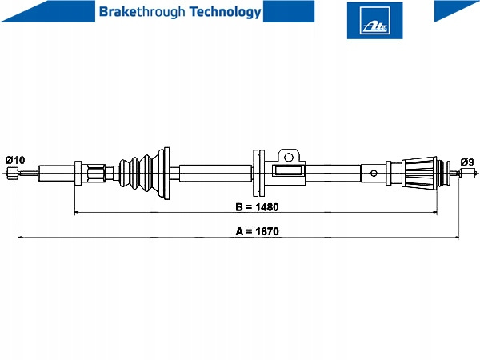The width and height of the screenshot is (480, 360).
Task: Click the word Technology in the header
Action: click(225, 12)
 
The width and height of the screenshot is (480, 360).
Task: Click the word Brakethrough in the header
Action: click(142, 12)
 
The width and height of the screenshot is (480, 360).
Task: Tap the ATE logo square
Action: click(374, 21)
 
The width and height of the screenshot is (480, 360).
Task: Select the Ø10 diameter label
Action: click(15, 160)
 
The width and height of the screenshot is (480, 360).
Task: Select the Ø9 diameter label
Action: click(467, 162)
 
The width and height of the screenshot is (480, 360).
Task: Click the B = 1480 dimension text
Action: click(257, 207)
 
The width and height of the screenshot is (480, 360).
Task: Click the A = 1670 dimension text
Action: click(257, 231)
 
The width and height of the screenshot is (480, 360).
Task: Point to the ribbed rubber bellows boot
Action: click(138, 174)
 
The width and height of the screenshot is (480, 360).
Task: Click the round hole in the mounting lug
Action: click(289, 158)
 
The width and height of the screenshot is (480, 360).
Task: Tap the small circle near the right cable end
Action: click(374, 174)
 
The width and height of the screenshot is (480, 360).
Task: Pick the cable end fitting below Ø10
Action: click(12, 173)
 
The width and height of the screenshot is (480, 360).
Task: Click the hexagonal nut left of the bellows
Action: click(96, 174)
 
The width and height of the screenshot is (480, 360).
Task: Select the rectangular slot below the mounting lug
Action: click(288, 171)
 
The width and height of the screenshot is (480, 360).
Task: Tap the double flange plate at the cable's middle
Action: click(259, 173)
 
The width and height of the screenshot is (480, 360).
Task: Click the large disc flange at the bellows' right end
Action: click(166, 174)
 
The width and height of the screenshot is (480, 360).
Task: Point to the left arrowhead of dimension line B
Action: click(77, 212)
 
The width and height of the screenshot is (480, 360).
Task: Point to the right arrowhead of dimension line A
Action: click(457, 237)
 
